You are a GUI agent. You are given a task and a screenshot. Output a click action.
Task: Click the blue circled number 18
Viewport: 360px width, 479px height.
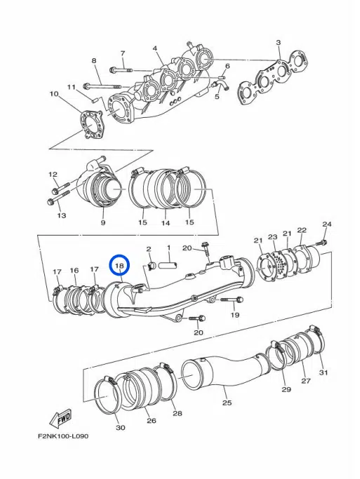119,266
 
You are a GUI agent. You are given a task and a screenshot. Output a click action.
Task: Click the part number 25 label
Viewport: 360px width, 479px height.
227,403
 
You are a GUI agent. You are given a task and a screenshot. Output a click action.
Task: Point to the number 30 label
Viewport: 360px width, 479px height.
120,427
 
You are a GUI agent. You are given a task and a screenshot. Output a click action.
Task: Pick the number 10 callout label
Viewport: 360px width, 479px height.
54,93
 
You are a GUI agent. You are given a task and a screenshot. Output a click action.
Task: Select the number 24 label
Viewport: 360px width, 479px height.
326,224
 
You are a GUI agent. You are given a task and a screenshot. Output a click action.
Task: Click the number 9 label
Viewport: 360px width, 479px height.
102,223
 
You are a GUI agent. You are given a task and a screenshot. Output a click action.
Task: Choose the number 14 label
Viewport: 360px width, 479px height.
166,223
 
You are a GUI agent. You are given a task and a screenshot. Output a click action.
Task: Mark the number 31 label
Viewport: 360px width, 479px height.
323,372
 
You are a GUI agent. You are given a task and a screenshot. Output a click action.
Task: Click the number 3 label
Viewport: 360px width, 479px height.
279,43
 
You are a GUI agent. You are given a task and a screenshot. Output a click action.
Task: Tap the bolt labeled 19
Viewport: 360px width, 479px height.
232,300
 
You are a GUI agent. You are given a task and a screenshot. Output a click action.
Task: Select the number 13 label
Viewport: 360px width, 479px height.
62,215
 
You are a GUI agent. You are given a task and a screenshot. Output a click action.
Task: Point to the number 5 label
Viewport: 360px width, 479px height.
217,96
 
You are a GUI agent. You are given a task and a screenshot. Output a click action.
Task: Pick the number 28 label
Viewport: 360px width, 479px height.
177,413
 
